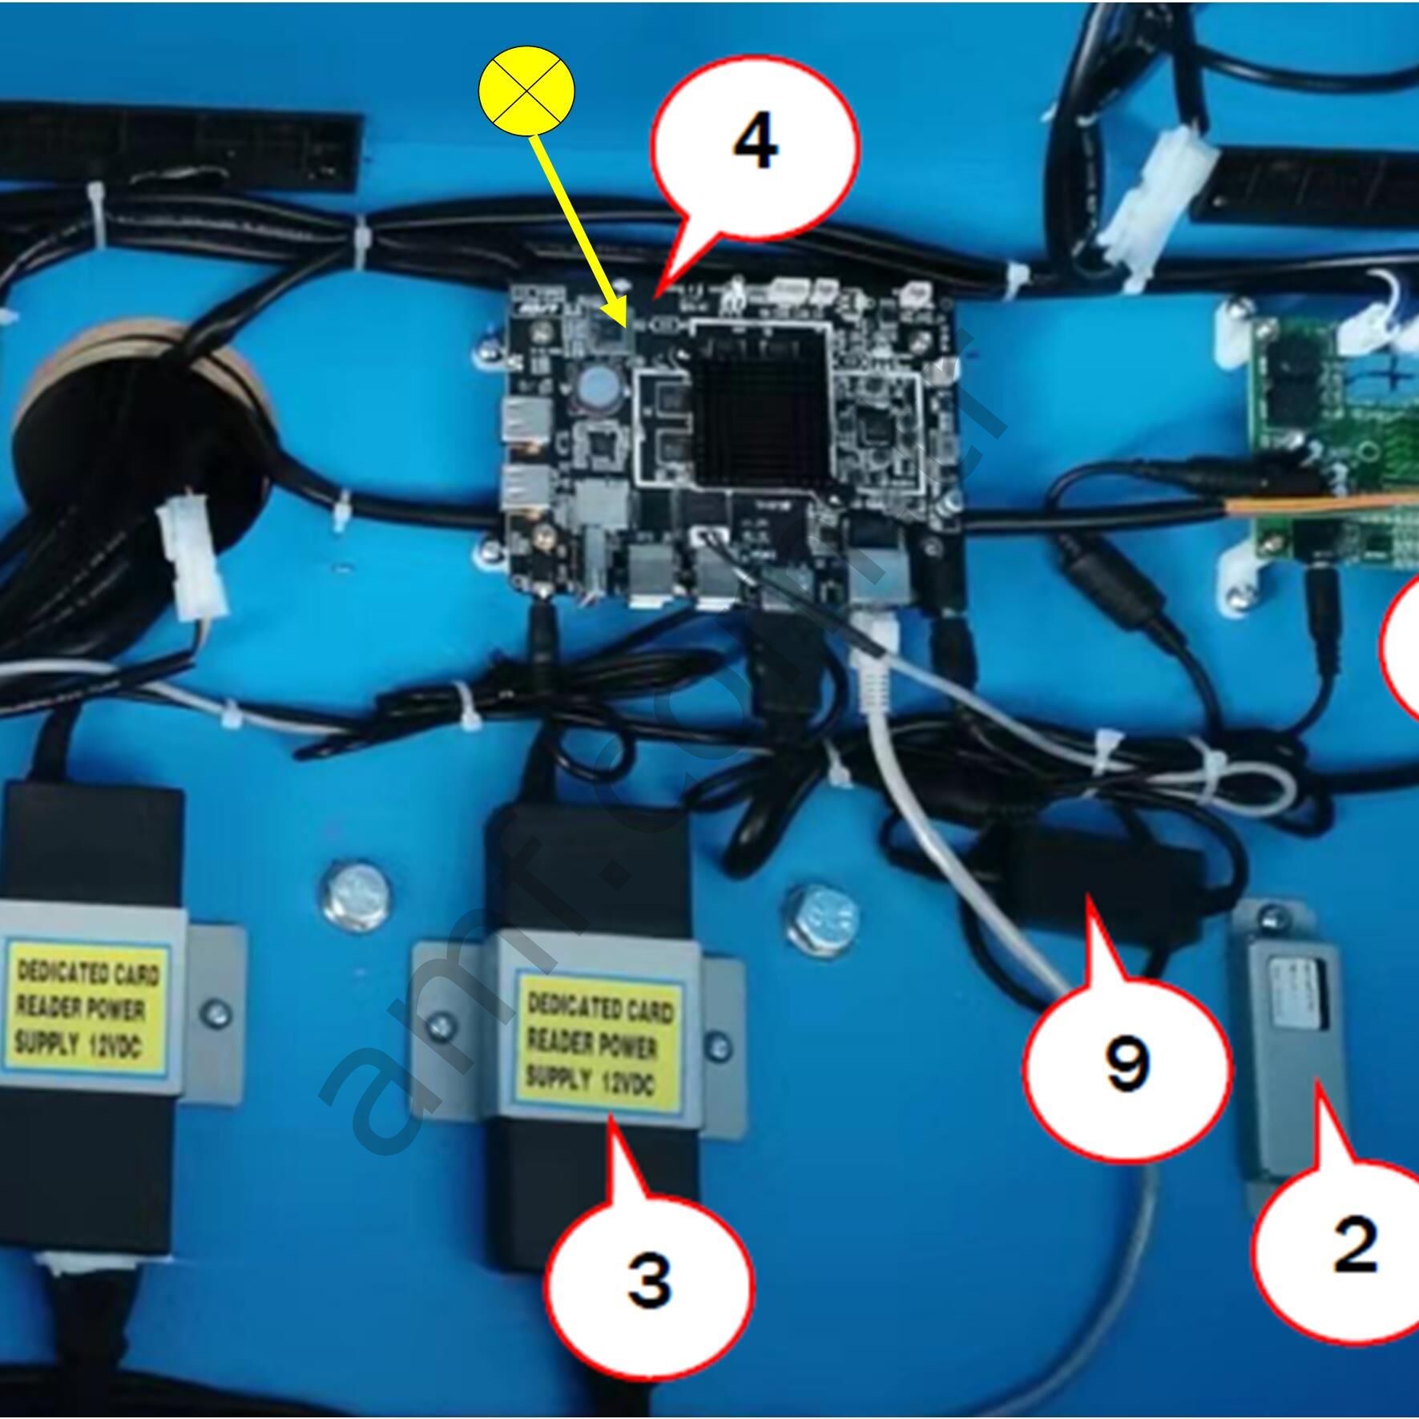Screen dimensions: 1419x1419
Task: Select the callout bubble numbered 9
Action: click(x=1127, y=1064)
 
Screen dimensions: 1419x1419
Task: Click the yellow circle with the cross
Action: click(x=526, y=89)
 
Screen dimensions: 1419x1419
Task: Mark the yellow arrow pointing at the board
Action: click(x=578, y=233)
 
